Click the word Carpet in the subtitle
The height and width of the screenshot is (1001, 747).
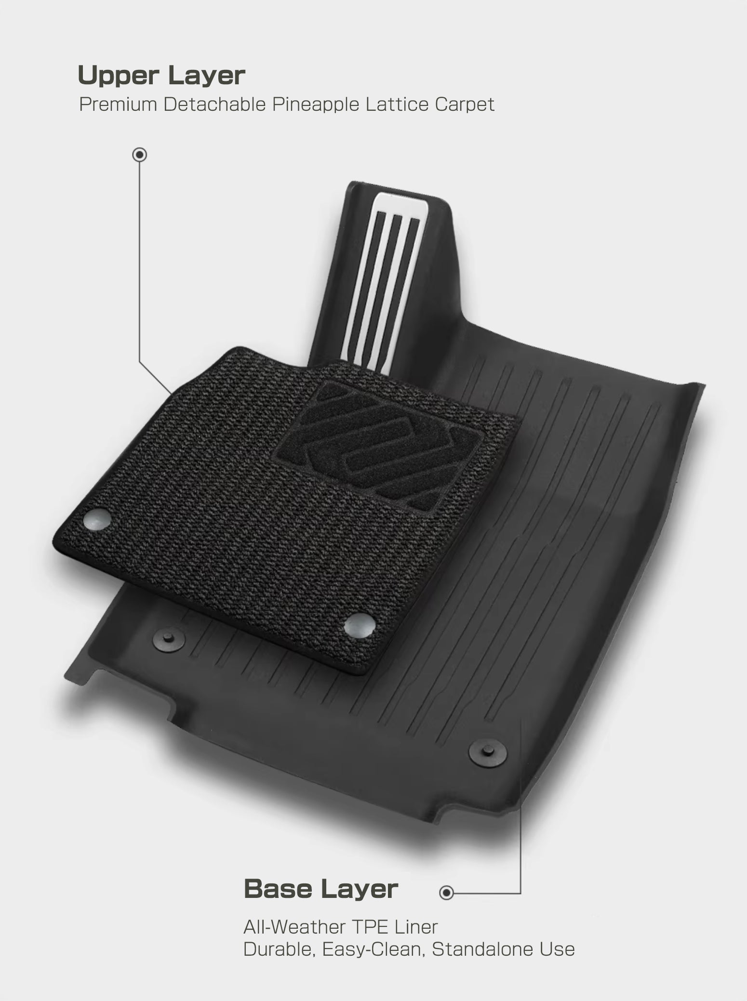coord(465,105)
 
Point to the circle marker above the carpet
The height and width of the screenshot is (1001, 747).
coord(140,155)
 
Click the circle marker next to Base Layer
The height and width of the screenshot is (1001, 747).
coord(447,893)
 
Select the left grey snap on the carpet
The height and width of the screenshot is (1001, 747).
coord(96,519)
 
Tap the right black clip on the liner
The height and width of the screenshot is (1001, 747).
coord(488,751)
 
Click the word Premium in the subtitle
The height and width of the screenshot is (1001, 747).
coord(118,105)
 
